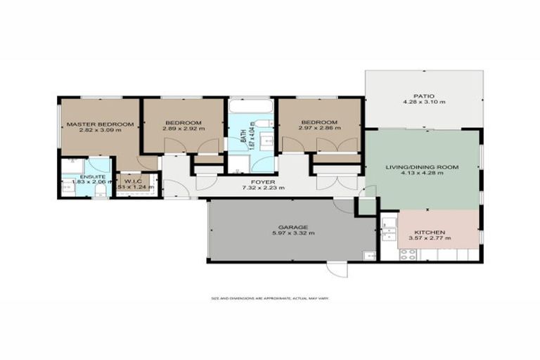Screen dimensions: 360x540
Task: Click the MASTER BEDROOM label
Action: pyautogui.click(x=100, y=124)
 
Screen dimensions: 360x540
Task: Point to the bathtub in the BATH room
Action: pyautogui.click(x=250, y=108)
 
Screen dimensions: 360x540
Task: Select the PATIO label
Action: pyautogui.click(x=424, y=96)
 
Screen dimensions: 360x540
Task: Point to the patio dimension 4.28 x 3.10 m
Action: pyautogui.click(x=424, y=103)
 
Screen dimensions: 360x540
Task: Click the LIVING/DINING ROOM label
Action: pyautogui.click(x=422, y=167)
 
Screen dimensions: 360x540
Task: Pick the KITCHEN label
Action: pyautogui.click(x=428, y=232)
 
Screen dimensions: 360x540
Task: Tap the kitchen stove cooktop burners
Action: pyautogui.click(x=408, y=254)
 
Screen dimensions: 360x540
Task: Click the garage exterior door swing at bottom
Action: pyautogui.click(x=337, y=270)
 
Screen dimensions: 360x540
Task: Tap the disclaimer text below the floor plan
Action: pyautogui.click(x=270, y=298)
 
